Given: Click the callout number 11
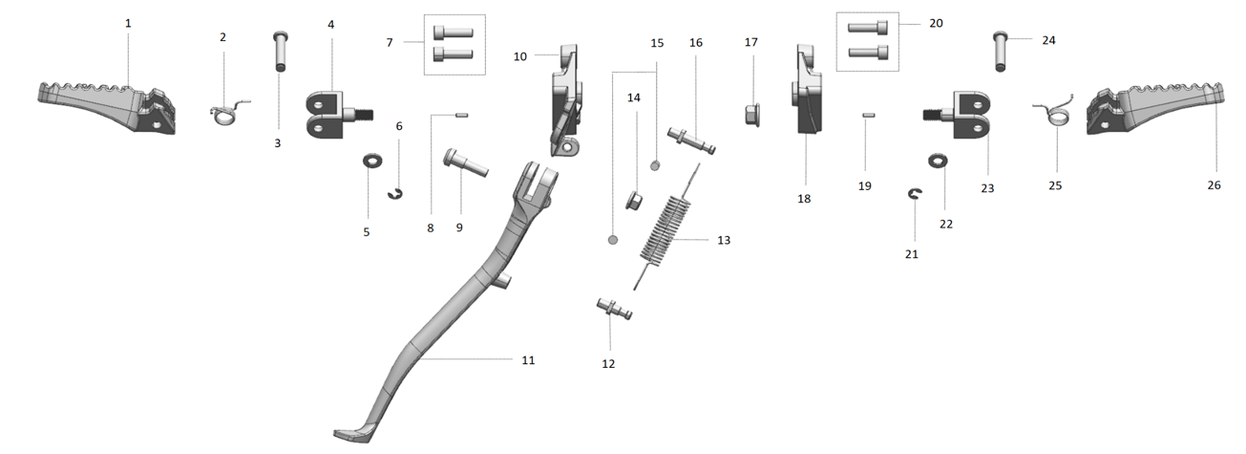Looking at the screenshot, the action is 528,360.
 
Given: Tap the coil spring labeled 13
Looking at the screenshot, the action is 665,227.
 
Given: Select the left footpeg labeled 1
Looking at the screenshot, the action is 107,107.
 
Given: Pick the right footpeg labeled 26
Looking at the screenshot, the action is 1155,108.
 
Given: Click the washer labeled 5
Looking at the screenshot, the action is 372,161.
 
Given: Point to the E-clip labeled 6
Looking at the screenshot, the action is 395,194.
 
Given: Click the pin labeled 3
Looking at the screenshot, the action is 281,52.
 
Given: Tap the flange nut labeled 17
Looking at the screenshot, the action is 752,115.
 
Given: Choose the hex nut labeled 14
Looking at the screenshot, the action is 634,201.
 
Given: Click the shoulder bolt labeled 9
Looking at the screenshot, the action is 466,162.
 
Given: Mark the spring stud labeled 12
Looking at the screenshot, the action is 614,309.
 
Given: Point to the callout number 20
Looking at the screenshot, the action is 936,23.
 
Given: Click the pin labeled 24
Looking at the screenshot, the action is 1000,52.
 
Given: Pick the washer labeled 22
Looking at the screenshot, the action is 939,161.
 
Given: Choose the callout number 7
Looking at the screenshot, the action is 390,42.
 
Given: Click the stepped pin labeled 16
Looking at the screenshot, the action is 691,141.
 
